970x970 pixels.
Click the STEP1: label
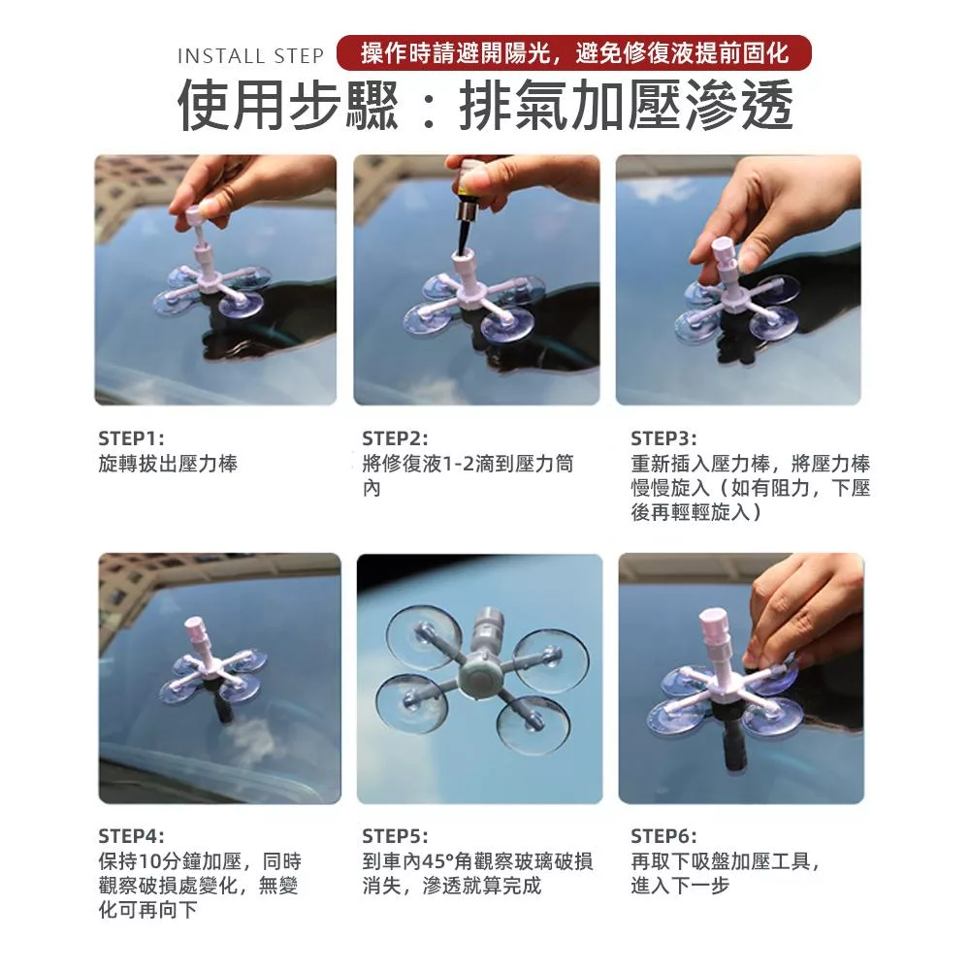coord(131,438)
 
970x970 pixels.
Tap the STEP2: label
coord(395,438)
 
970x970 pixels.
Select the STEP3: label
coord(663,438)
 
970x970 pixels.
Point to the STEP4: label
coord(131,836)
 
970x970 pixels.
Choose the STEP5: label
coord(395,836)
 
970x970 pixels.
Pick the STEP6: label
coord(663,836)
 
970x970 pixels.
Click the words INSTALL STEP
coord(250,56)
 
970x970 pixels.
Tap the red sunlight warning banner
coord(574,52)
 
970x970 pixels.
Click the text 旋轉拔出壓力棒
coord(168,464)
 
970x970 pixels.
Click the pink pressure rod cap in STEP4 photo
coord(194,631)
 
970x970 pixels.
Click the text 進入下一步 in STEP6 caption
coord(680,886)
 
